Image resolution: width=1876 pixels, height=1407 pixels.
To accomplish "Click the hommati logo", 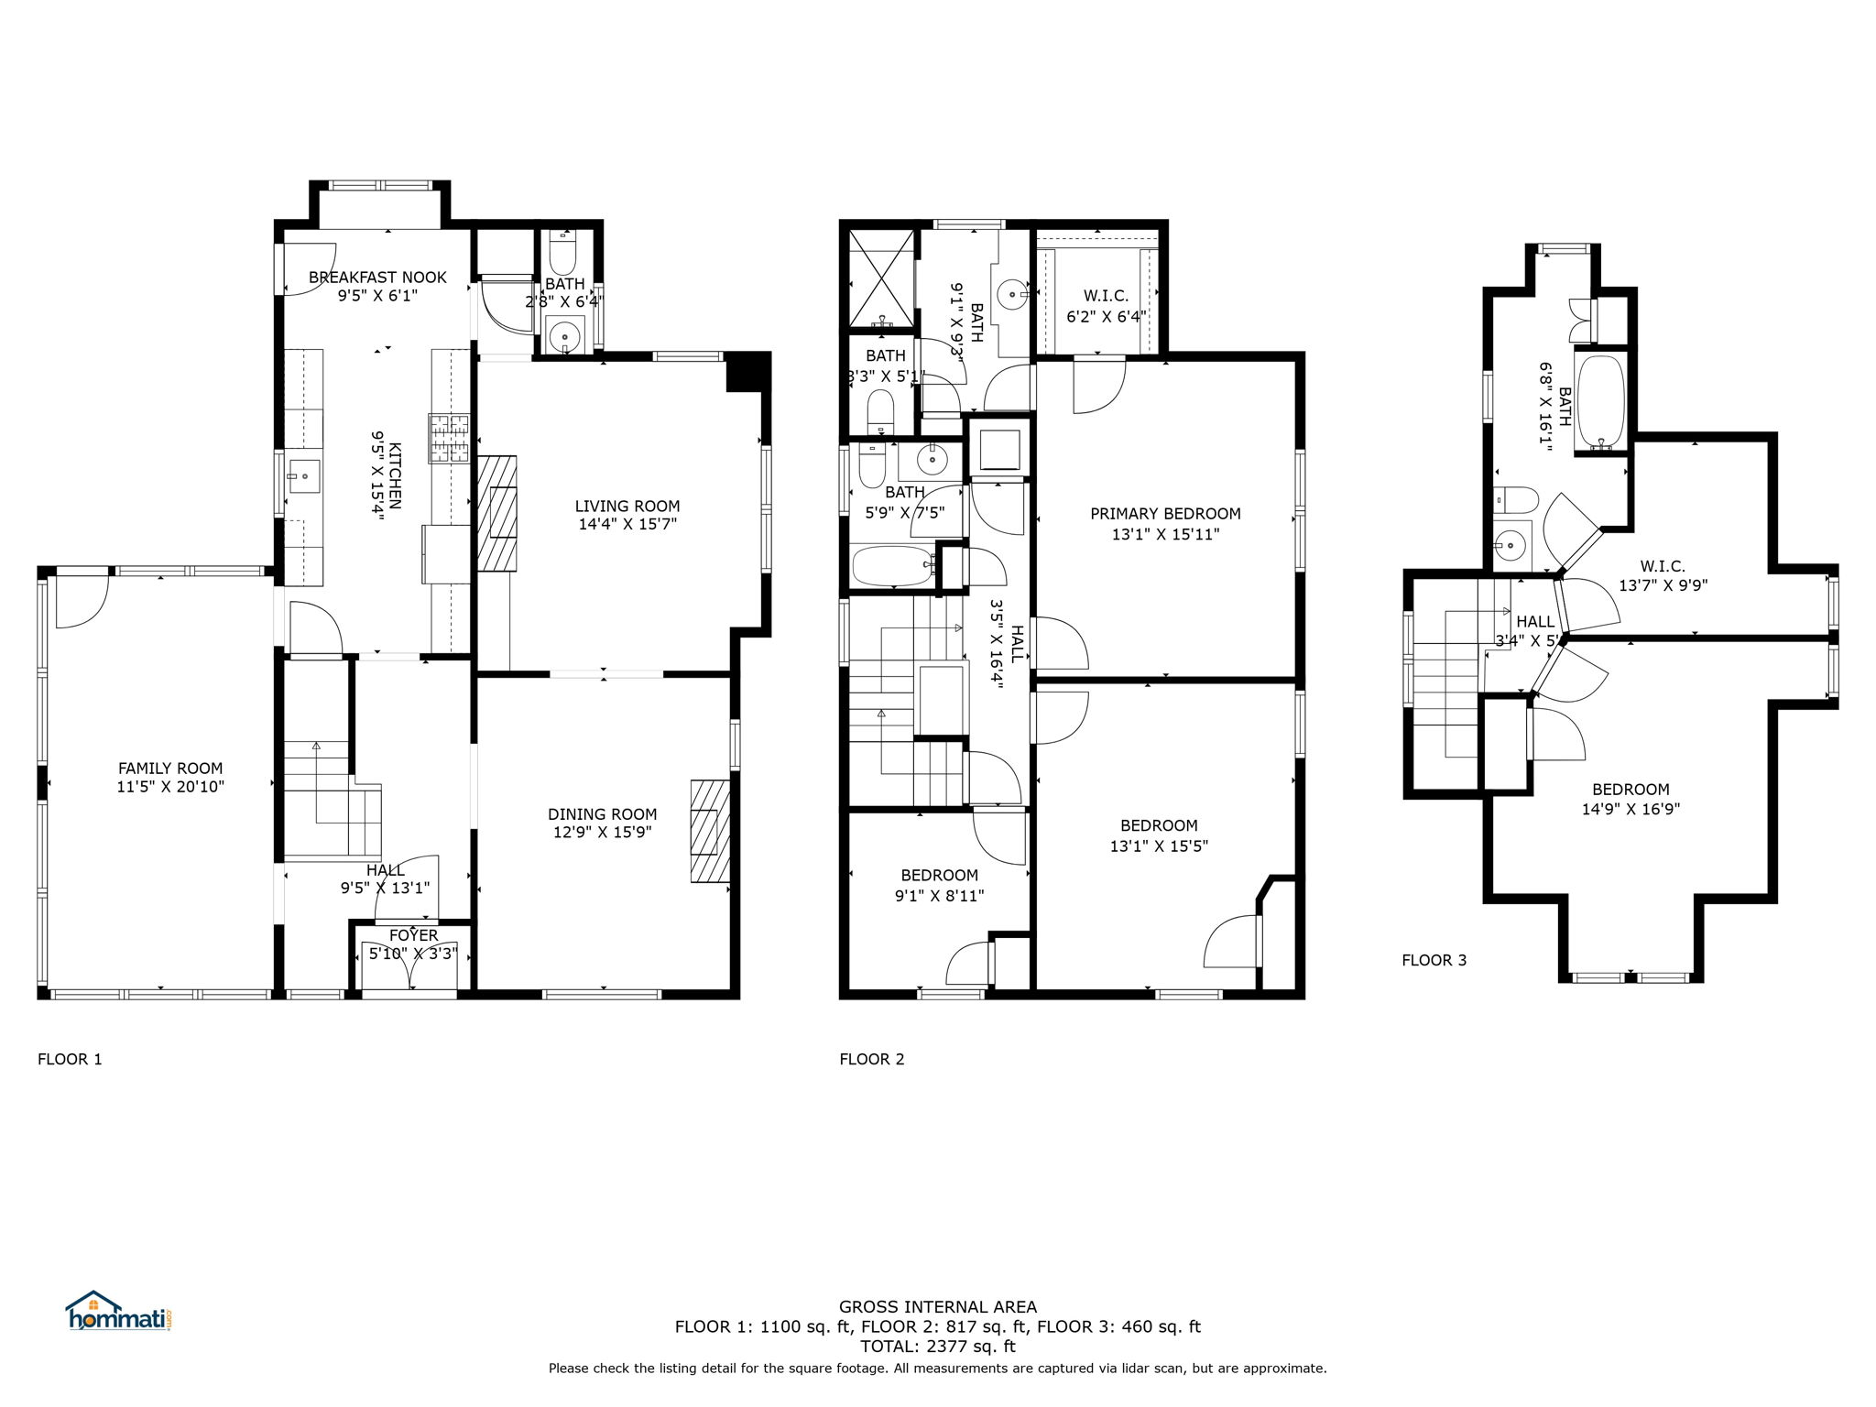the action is coord(119,1311).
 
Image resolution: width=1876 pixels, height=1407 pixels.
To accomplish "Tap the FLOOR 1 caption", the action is coord(70,1060).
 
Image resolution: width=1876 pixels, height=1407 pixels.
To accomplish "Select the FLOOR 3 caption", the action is coord(1434,960).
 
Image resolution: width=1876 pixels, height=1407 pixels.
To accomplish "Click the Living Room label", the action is coord(627,506).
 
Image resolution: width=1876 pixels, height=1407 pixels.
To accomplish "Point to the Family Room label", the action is coord(170,769).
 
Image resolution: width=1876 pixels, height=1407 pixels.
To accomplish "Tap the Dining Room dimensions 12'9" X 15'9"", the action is coord(603,833).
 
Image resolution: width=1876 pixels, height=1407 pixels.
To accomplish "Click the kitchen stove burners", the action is coord(449,438).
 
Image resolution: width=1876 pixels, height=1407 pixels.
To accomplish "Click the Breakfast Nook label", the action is coord(377,278).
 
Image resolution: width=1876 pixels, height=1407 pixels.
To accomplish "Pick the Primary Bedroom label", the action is coord(1165,514).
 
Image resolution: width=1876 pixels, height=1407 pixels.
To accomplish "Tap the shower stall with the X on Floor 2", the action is coord(882,278).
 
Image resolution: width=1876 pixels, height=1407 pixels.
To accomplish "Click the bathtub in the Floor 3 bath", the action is coord(1601,401).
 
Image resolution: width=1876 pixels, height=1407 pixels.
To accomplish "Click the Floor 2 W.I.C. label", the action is coord(1106,297).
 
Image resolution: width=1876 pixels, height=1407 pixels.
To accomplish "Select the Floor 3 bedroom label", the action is coord(1631,790).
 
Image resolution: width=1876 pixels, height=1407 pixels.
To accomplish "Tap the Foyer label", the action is coord(414,935).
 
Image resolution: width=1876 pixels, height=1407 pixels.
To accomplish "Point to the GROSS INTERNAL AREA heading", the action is coord(938,1307).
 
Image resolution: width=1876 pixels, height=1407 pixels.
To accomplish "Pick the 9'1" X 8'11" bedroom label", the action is coord(939,896).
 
